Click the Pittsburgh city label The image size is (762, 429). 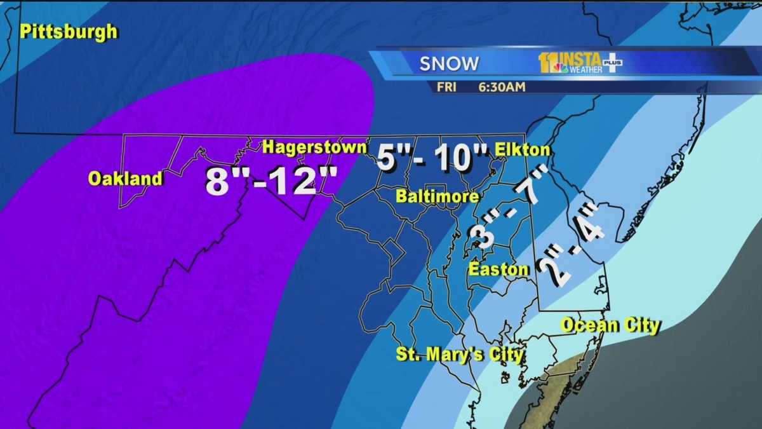click(69, 32)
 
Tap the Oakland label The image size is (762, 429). click(125, 179)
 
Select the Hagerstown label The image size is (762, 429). click(314, 147)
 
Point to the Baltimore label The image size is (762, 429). click(437, 196)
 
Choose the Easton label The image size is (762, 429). click(498, 269)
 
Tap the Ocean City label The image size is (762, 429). click(610, 326)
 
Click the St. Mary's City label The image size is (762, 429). click(460, 354)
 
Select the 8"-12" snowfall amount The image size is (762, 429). click(271, 180)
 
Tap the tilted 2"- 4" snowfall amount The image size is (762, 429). click(569, 245)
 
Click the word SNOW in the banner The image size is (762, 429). click(449, 64)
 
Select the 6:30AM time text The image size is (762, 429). click(502, 87)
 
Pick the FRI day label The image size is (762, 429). click(446, 87)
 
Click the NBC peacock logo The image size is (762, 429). click(559, 67)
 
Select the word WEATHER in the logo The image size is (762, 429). click(585, 70)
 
